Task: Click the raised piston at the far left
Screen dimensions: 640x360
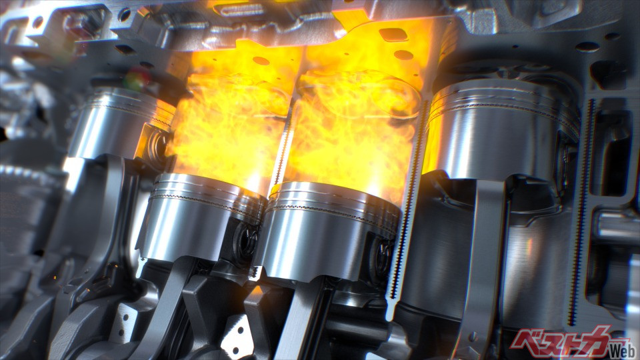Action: point(119,123)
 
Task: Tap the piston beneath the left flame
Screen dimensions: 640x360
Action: point(200,216)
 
